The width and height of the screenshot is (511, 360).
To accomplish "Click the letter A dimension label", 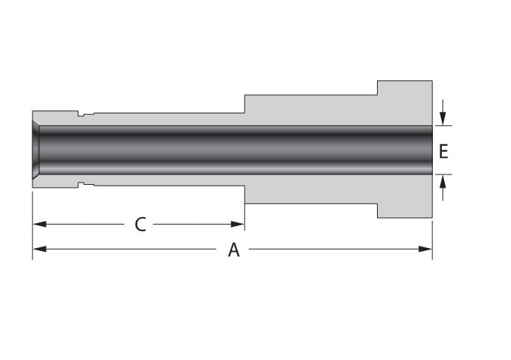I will [x=233, y=250].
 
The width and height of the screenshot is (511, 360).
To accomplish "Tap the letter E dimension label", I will [x=443, y=151].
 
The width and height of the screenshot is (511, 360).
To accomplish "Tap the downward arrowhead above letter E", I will [x=443, y=119].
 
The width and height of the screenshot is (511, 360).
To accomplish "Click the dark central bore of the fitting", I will [x=236, y=150].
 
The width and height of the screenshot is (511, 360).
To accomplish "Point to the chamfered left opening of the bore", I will [x=36, y=150].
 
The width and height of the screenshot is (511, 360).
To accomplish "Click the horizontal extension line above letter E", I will [x=443, y=126].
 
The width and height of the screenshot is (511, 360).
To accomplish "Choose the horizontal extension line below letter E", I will [x=443, y=174].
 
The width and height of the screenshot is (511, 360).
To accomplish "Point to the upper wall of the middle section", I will [x=309, y=110].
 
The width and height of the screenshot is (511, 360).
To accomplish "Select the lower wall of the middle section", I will [x=309, y=189].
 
